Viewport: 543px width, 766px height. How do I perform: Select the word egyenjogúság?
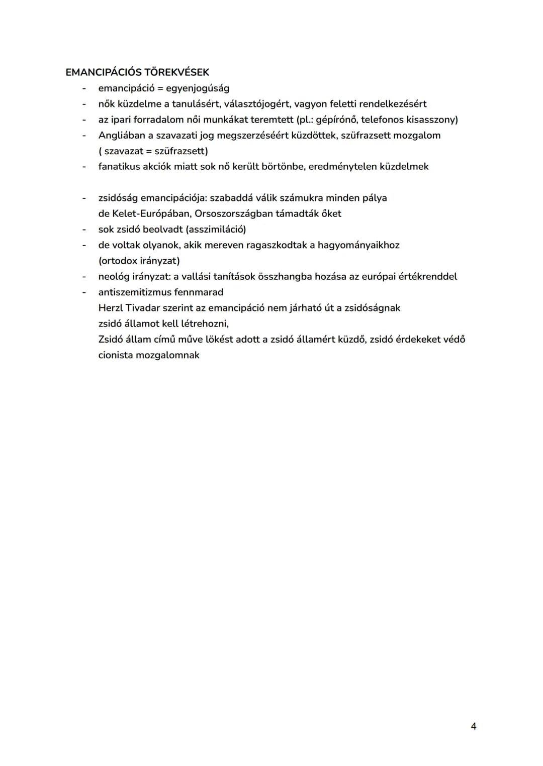pyautogui.click(x=198, y=88)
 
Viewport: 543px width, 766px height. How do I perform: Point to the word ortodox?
pyautogui.click(x=118, y=261)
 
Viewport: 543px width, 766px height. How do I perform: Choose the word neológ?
pyautogui.click(x=114, y=276)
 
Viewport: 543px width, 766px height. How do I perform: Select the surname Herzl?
pyautogui.click(x=110, y=307)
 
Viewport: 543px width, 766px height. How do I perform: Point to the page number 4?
pyautogui.click(x=473, y=726)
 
